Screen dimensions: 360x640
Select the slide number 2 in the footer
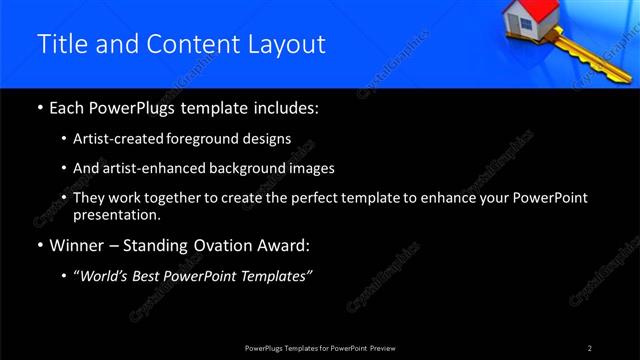coord(590,347)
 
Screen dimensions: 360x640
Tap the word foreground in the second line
coord(217,138)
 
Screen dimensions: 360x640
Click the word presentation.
coord(116,215)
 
